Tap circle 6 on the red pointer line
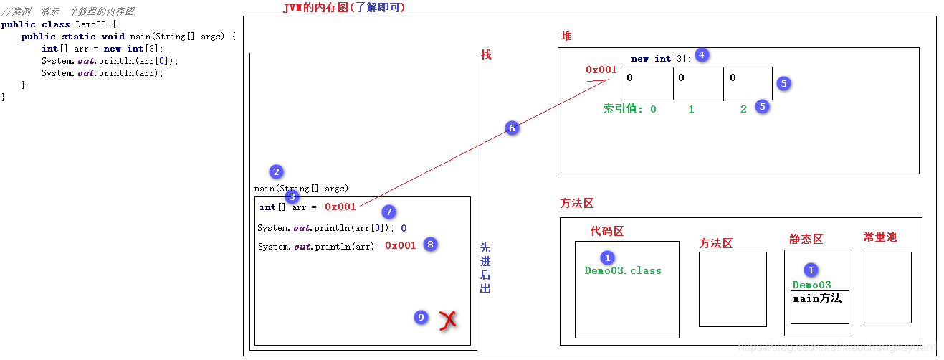(x=511, y=128)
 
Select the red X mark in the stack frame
(x=448, y=320)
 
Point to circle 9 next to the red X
(x=421, y=317)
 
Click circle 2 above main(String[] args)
(x=276, y=172)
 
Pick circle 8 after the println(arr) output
(x=429, y=244)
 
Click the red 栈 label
(x=486, y=55)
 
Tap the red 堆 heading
(x=566, y=36)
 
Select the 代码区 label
(x=607, y=231)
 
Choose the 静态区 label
(x=806, y=239)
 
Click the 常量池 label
(x=880, y=237)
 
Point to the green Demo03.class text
(x=623, y=270)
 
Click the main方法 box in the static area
(x=820, y=306)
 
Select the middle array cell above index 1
(x=698, y=83)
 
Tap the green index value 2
(x=743, y=109)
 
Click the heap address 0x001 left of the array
(x=601, y=70)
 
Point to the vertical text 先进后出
(x=485, y=267)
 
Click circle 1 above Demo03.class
(x=607, y=257)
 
